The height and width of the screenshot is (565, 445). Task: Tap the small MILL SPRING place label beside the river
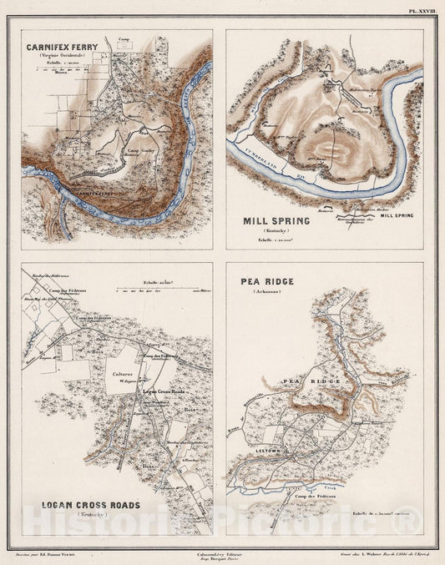point(397,215)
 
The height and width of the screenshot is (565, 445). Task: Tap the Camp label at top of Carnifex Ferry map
point(124,38)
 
